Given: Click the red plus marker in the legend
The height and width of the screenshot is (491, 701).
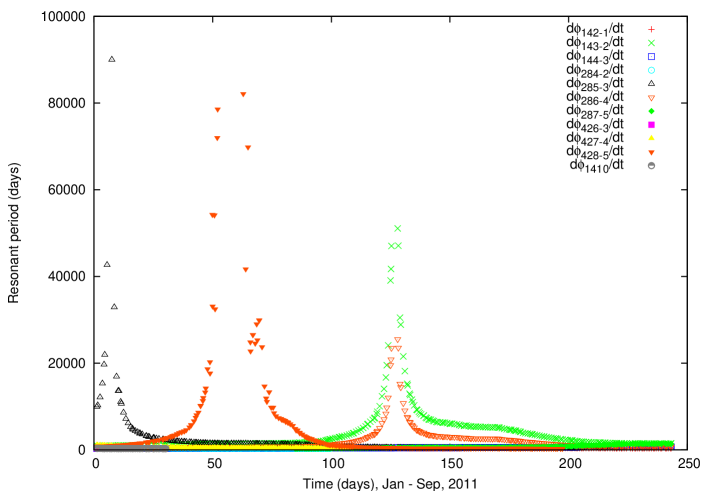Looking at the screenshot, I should (x=651, y=30).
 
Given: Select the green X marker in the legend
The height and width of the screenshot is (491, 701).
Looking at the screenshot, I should (x=651, y=43).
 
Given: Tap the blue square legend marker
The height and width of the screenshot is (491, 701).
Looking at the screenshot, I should (x=651, y=57).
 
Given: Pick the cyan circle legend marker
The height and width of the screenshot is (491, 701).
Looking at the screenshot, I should (x=651, y=70).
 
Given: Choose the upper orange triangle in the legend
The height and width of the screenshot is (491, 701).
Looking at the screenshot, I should (x=651, y=98).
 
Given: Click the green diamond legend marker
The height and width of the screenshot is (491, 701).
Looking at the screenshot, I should (x=651, y=111).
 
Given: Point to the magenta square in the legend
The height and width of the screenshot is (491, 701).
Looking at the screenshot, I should (x=651, y=125).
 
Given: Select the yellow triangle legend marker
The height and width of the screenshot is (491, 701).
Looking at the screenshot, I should (x=651, y=138).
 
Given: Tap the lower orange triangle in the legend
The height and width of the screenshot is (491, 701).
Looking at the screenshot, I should (x=651, y=152).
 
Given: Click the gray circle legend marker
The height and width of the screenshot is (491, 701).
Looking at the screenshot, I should (x=651, y=165).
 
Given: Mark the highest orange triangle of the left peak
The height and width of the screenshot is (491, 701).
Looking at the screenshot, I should (x=243, y=95).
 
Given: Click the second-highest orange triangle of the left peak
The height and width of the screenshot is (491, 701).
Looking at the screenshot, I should (x=218, y=110).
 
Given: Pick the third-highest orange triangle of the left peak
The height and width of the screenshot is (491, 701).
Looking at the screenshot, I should (x=217, y=139).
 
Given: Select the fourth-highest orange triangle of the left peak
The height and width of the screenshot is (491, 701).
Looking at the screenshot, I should (x=248, y=148).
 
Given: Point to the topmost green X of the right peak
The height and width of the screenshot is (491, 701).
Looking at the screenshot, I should (x=398, y=228).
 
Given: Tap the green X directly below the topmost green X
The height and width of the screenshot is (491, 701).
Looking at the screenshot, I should (x=398, y=246).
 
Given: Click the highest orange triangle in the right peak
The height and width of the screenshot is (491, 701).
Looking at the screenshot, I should (x=397, y=340).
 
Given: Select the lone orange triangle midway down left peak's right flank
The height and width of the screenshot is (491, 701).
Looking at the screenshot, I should (x=246, y=270).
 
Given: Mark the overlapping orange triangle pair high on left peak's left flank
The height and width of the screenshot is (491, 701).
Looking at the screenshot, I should (x=213, y=215).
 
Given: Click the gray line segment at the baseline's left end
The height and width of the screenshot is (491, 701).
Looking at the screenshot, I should (x=130, y=449).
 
